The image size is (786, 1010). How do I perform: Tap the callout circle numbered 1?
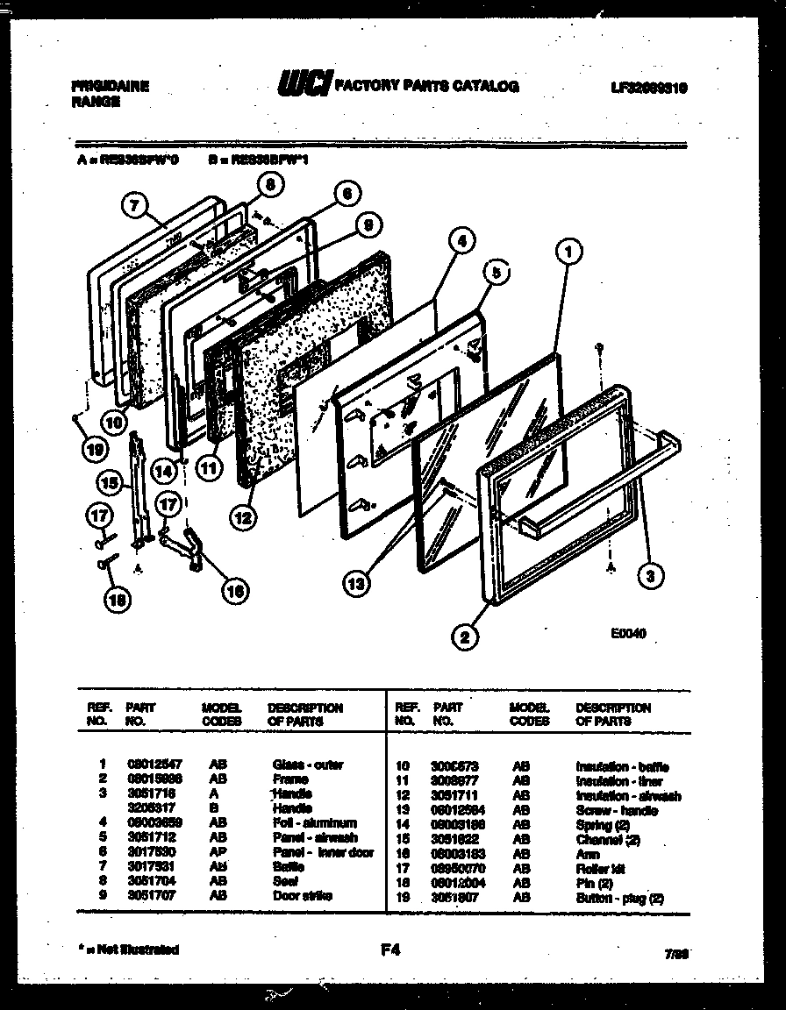tap(569, 252)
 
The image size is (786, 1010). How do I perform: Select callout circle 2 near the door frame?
tap(467, 637)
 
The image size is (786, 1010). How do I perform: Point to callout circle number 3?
tap(649, 576)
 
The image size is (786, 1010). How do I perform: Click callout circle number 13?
tap(356, 581)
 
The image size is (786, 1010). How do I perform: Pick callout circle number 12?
tap(243, 517)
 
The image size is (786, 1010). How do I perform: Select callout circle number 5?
tap(496, 273)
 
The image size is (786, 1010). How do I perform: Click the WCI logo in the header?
tap(304, 85)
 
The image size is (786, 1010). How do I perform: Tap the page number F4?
tap(391, 949)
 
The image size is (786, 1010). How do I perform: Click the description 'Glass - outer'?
tap(308, 765)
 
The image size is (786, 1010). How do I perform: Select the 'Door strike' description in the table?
tap(303, 896)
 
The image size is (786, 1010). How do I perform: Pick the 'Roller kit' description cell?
tap(600, 868)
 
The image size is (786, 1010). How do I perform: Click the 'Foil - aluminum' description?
tap(314, 823)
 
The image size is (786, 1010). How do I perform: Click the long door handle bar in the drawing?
tap(597, 482)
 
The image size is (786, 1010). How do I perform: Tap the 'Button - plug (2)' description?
tap(619, 898)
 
